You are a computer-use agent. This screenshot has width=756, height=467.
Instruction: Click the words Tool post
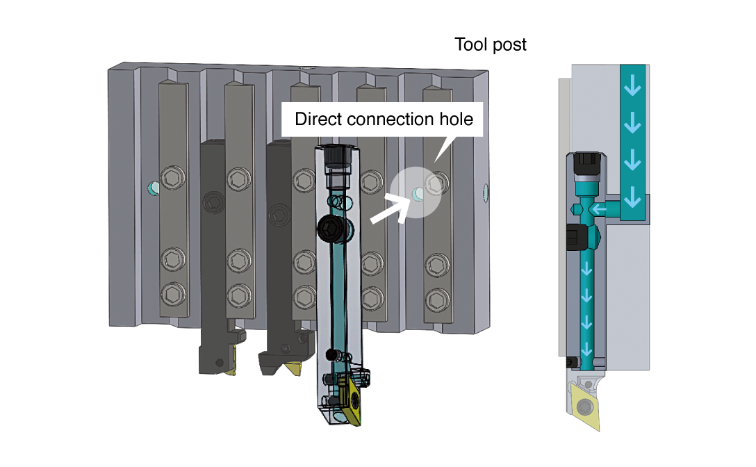491,45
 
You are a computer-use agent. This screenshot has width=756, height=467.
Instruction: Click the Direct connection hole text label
384,119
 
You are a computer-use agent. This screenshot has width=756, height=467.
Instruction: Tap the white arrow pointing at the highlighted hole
389,208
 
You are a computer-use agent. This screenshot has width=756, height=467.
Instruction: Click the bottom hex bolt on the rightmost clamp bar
436,300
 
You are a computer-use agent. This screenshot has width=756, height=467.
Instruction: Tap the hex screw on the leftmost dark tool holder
211,203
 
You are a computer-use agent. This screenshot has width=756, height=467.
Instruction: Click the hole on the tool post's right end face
486,189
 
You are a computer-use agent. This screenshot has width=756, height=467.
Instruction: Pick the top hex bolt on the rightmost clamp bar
436,183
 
